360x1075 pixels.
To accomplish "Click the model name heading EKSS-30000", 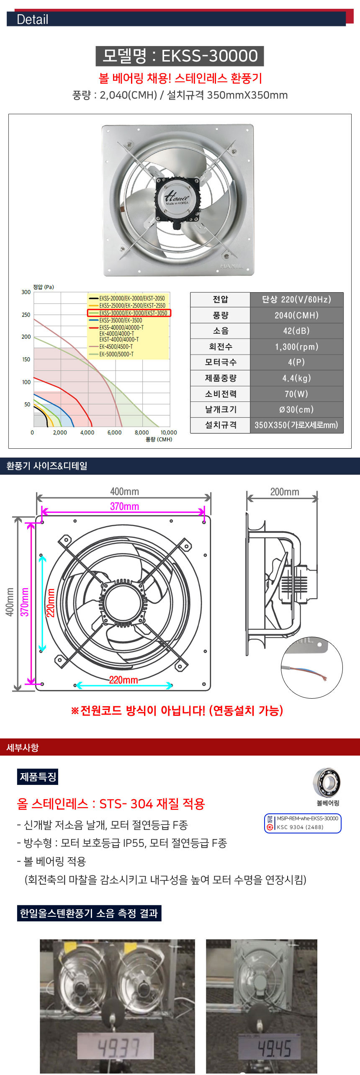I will click(180, 56).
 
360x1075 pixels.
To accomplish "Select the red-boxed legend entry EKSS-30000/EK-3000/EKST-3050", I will click(129, 313).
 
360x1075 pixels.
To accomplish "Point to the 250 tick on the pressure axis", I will click(26, 314).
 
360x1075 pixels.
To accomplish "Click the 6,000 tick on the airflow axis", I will click(114, 432).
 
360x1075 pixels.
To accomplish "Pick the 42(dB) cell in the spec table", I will click(296, 331).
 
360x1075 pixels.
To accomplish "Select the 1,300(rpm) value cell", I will click(296, 347).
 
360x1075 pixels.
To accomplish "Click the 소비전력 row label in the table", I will click(221, 393).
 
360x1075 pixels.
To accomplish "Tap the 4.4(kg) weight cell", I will click(296, 378).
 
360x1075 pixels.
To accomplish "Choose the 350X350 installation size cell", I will click(296, 425).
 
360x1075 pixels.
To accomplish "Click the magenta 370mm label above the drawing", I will click(124, 506).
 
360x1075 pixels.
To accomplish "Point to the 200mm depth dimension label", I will click(285, 491).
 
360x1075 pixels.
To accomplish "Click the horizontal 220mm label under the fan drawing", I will click(123, 680).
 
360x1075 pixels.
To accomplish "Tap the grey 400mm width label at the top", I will click(124, 491).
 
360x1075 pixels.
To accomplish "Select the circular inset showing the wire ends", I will click(311, 667).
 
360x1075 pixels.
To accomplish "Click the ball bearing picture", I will click(327, 782).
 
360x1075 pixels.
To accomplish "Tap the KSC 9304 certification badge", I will click(303, 823).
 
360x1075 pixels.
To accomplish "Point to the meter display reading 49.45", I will click(274, 1049).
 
